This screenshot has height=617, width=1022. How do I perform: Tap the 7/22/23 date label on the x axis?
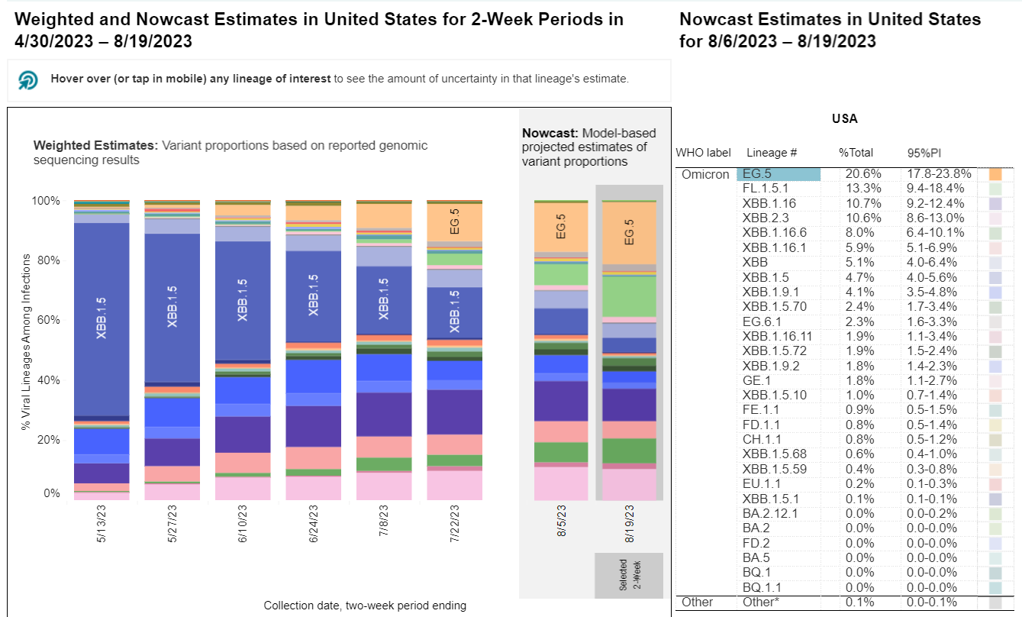[x=454, y=524]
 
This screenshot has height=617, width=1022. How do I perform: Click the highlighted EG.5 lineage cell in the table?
[x=779, y=174]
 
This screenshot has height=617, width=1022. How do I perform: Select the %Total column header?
[x=856, y=153]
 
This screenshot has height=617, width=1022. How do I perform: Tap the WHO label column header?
[x=703, y=153]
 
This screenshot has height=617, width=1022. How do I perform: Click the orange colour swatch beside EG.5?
[x=995, y=174]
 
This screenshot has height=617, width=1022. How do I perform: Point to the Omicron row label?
[x=705, y=174]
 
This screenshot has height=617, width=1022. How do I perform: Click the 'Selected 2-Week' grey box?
[x=629, y=575]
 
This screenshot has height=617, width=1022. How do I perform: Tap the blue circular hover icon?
[x=28, y=79]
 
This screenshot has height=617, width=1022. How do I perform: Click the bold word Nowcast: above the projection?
[x=546, y=133]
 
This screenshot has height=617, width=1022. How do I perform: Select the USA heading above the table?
[x=844, y=119]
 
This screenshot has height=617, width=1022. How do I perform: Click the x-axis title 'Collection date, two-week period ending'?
[x=365, y=606]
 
